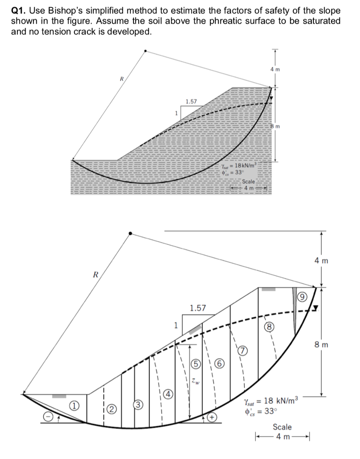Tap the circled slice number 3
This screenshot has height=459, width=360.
[x=139, y=405]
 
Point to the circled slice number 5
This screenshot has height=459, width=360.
[x=195, y=363]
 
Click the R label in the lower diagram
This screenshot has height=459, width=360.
[x=94, y=274]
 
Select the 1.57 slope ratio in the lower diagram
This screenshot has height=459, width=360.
[x=197, y=308]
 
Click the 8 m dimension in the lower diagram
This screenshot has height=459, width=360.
[x=321, y=345]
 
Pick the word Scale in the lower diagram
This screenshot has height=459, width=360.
[x=282, y=427]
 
